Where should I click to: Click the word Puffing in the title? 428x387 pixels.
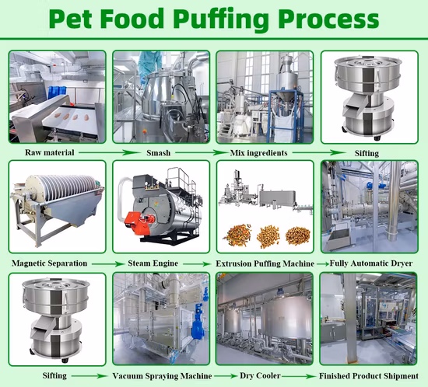223,19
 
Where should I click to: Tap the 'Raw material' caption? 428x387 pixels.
50,152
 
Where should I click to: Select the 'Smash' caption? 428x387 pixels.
158,152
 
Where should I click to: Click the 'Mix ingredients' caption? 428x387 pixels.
259,153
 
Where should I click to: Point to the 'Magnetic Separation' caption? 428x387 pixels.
49,263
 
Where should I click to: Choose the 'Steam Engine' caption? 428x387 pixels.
153,263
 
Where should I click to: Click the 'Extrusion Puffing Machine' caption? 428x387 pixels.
265,263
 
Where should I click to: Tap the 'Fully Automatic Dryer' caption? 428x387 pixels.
371,263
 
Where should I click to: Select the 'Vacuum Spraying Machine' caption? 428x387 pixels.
162,376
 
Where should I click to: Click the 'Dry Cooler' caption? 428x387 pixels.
260,375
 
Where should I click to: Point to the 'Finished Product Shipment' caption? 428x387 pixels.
369,376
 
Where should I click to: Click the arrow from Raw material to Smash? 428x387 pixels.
109,152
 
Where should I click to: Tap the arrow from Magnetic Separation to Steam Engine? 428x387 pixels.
108,263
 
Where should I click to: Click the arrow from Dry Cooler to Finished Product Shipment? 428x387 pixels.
299,376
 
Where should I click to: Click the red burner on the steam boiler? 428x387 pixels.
138,223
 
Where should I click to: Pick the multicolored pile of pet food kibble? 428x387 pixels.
237,235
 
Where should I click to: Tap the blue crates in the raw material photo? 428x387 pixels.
57,92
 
